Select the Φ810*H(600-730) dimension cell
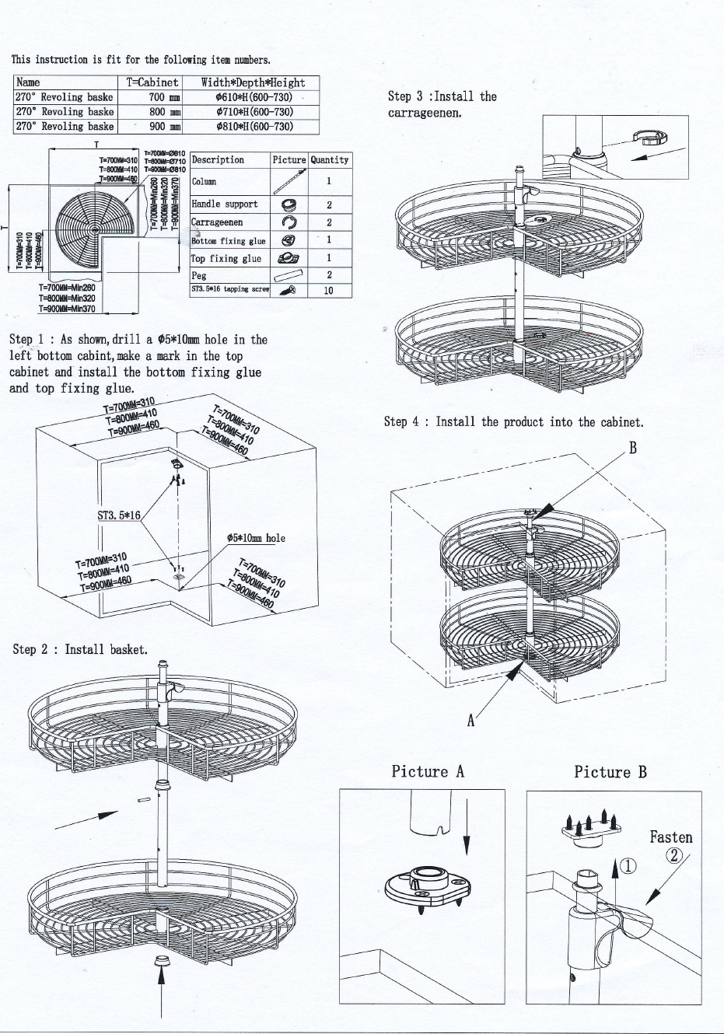click(253, 126)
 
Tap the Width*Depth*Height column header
click(253, 82)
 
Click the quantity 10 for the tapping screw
click(329, 290)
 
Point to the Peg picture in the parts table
click(289, 274)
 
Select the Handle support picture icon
click(289, 204)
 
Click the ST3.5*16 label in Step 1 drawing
click(118, 515)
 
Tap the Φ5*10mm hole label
click(255, 538)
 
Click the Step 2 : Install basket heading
click(79, 649)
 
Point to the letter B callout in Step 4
click(633, 448)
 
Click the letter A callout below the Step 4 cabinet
click(470, 721)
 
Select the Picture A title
click(428, 771)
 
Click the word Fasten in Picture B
click(670, 837)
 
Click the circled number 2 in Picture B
click(673, 856)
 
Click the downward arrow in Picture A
click(467, 824)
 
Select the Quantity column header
click(329, 160)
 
